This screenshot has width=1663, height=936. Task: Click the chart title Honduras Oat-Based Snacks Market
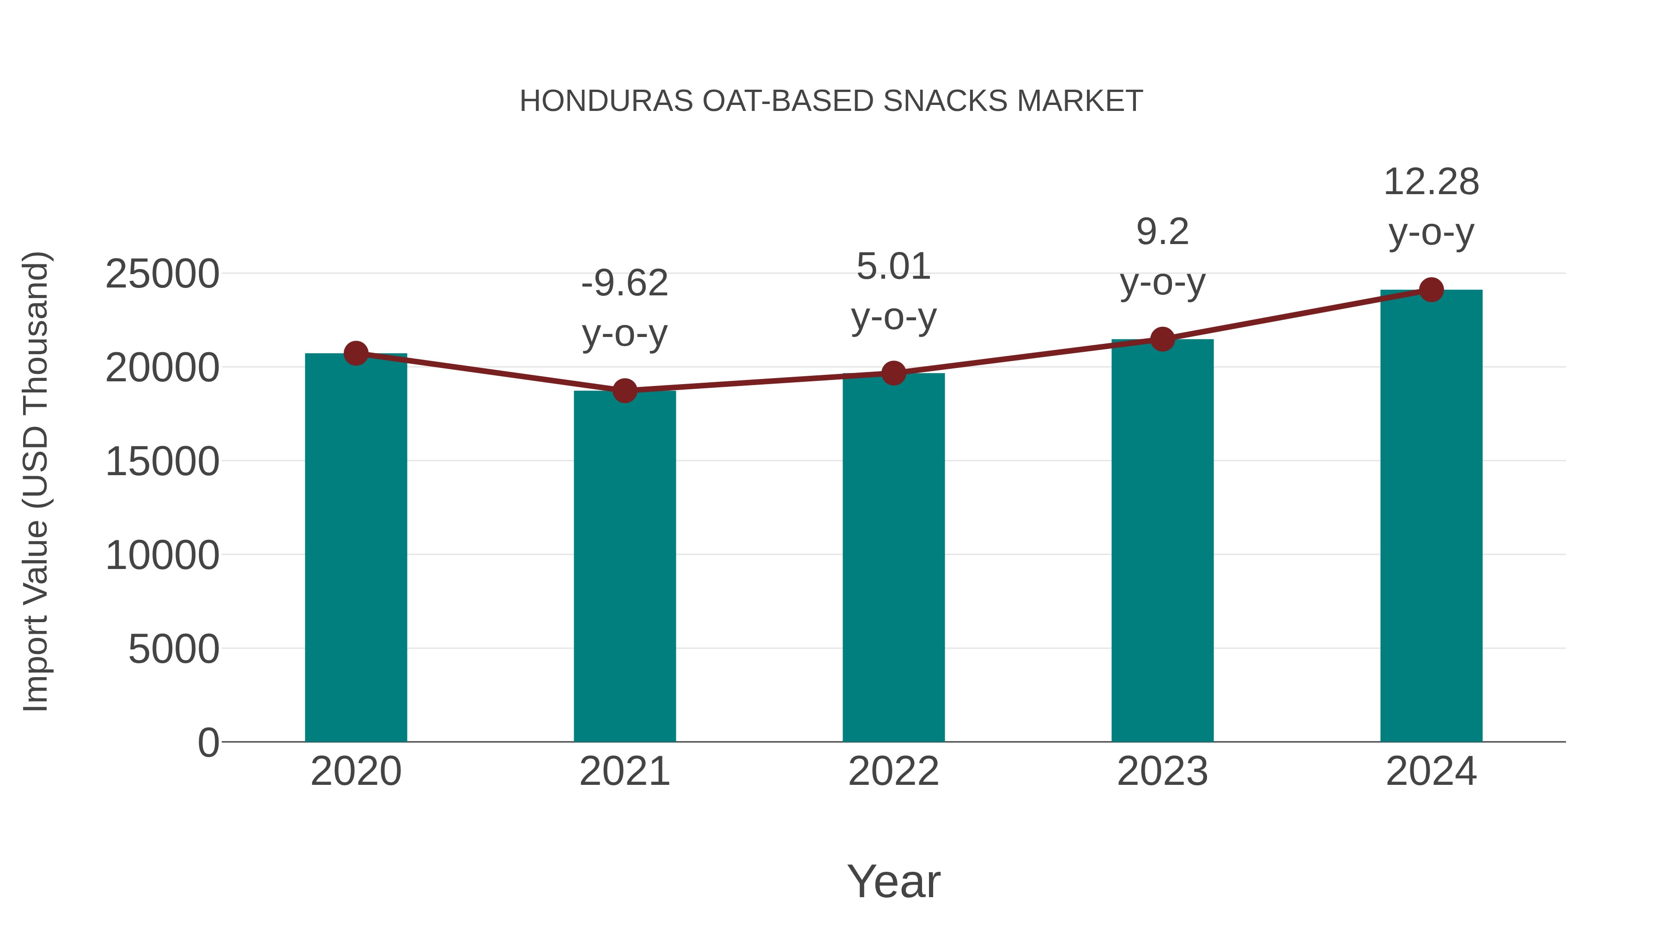coord(831,101)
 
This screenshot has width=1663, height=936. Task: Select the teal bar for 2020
coord(356,549)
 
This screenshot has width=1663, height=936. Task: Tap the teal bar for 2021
coord(624,569)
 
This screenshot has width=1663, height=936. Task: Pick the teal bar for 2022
coord(893,559)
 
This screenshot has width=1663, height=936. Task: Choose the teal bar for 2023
coord(1162,543)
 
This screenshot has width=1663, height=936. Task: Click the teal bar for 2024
coord(1431,517)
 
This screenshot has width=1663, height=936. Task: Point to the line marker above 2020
coord(356,353)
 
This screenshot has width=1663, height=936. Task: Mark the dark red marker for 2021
coord(624,390)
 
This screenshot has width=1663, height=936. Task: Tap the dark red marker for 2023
coord(1162,339)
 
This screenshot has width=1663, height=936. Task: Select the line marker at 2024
coord(1431,290)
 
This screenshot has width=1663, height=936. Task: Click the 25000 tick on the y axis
coord(162,274)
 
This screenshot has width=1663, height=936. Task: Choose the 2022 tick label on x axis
coord(893,771)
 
